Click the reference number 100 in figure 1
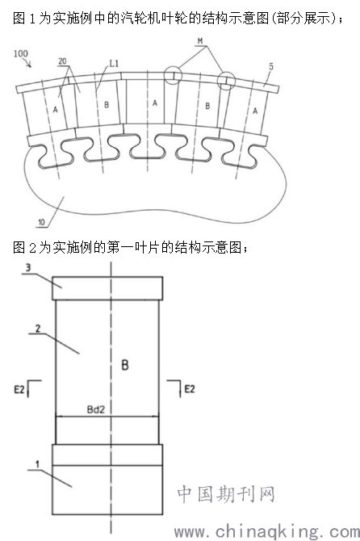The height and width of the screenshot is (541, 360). (21, 53)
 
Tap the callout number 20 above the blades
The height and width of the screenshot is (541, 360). (62, 61)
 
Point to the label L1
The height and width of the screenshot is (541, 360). (114, 64)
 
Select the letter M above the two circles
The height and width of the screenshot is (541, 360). (200, 41)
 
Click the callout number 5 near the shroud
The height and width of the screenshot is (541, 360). (271, 66)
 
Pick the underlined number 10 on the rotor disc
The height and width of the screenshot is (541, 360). (41, 223)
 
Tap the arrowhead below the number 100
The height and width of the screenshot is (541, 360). (30, 65)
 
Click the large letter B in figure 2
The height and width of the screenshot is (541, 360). (125, 365)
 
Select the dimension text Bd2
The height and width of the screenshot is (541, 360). (95, 409)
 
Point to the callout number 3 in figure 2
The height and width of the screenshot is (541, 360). (28, 267)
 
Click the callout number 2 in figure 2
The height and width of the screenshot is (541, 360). (38, 328)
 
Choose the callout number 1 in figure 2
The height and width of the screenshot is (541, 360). (38, 464)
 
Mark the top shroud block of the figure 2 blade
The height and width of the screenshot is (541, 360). (107, 288)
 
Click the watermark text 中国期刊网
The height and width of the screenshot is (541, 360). (226, 494)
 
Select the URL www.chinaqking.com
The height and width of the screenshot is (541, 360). (267, 531)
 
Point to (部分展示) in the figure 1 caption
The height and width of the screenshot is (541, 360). (303, 18)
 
